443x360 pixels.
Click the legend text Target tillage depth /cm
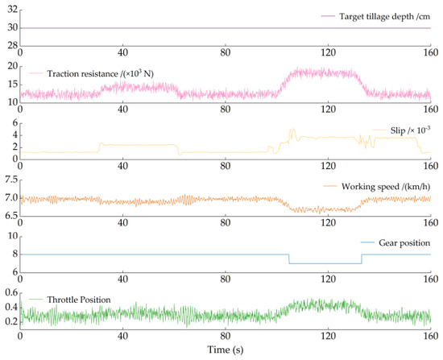tap(384, 17)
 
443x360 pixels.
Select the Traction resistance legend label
tap(101, 74)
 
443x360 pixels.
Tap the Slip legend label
tap(410, 130)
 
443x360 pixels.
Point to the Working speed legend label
tap(386, 187)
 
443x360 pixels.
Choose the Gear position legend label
tap(404, 243)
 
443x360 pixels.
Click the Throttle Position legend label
tap(79, 300)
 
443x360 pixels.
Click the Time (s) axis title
tap(226, 350)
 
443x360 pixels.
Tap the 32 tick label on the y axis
tap(12, 10)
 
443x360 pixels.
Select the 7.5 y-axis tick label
tap(11, 180)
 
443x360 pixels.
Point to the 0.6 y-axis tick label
tap(11, 292)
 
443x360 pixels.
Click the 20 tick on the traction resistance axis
tap(12, 66)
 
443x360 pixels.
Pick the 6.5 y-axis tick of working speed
tap(11, 216)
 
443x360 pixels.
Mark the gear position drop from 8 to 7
tap(289, 259)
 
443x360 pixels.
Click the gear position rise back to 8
tap(362, 259)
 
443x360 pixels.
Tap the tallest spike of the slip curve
tap(293, 129)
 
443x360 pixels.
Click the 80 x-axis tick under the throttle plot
tap(226, 336)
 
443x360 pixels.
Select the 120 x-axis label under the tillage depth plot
tap(328, 52)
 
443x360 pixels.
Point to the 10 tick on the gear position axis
tap(12, 236)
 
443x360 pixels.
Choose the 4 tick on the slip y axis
tap(15, 135)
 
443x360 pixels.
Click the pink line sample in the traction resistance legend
tap(36, 73)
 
